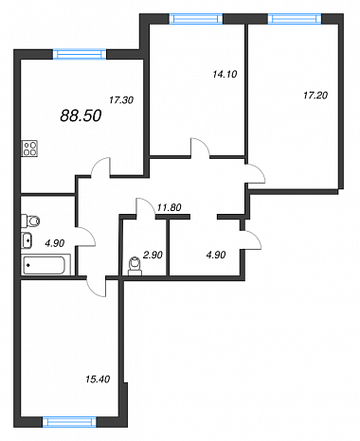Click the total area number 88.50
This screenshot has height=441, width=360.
81,115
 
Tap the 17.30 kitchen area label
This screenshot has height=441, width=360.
121,100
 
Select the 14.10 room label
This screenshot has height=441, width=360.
225,74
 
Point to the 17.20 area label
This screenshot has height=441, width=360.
315,95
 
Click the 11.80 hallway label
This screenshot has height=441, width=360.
169,207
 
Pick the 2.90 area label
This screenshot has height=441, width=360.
153,255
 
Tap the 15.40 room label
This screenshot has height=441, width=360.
98,379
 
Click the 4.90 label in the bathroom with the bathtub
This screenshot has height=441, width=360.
55,243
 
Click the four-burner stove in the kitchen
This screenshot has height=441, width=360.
29,149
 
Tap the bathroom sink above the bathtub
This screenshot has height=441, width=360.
27,241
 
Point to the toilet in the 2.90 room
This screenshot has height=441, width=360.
135,266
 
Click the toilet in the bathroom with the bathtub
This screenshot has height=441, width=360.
30,221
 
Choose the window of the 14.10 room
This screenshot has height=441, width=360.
196,19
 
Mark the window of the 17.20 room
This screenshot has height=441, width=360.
295,19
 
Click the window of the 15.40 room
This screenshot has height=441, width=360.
69,422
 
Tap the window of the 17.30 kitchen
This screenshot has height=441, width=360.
80,54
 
